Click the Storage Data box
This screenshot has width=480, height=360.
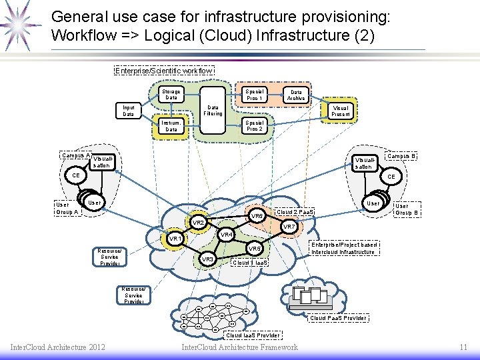click(x=171, y=95)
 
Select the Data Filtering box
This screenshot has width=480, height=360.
click(x=213, y=110)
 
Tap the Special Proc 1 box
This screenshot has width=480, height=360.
click(x=254, y=95)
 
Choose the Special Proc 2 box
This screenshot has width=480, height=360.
click(x=254, y=125)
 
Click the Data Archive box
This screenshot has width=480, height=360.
click(x=296, y=95)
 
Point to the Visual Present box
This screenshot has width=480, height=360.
click(x=340, y=111)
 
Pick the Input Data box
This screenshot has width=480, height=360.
click(x=129, y=111)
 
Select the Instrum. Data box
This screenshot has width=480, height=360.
click(x=171, y=125)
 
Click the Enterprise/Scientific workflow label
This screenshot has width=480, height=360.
click(x=164, y=71)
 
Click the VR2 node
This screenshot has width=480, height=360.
click(x=198, y=222)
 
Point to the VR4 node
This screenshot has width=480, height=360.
click(x=227, y=235)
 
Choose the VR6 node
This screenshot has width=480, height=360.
click(x=257, y=216)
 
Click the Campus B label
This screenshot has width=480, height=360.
click(x=402, y=156)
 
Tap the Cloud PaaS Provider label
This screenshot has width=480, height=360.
click(x=339, y=317)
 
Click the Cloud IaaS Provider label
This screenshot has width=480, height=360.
click(x=253, y=335)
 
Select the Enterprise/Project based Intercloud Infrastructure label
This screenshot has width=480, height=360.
click(x=344, y=248)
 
